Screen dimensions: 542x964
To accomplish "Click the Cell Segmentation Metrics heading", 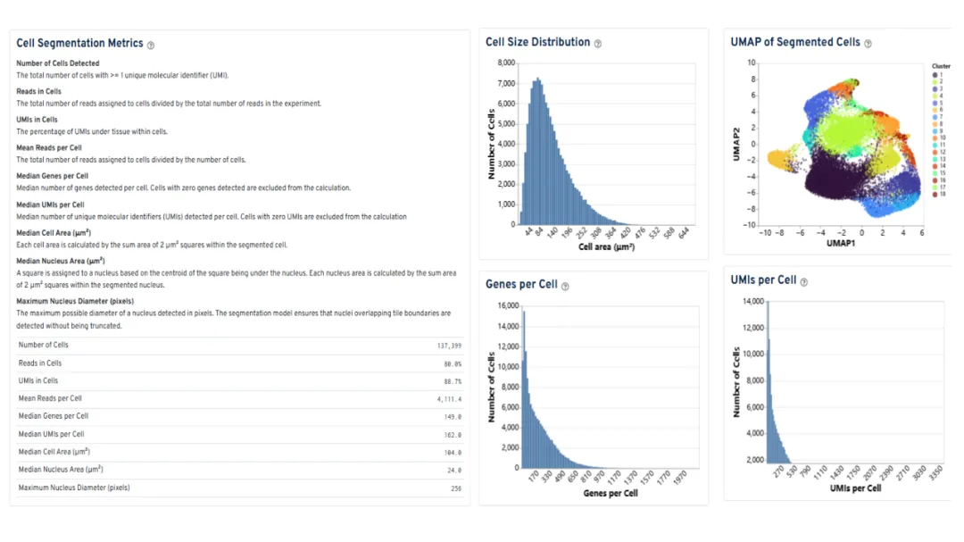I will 79,44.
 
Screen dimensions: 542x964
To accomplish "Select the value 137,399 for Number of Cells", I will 448,346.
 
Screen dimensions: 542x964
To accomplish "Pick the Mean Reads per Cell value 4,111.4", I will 448,399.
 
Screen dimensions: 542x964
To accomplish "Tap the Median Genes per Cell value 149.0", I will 453,417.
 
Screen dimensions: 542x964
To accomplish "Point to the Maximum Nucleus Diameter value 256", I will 455,488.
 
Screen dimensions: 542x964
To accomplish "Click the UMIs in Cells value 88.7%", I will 453,381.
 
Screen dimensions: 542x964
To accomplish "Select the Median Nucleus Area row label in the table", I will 61,470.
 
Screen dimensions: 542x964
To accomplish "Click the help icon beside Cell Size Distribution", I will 598,44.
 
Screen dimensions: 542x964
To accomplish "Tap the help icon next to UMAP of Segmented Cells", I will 868,43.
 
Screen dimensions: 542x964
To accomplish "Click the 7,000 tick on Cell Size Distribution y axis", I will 505,84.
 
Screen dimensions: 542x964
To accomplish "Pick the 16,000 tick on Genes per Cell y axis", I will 505,305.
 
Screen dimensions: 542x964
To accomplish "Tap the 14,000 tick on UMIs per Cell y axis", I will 752,302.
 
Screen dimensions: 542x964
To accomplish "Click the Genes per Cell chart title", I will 521,285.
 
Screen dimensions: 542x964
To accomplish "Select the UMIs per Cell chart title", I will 763,280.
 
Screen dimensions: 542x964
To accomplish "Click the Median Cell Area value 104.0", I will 453,453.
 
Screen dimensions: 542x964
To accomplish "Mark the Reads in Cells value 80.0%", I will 453,363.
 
